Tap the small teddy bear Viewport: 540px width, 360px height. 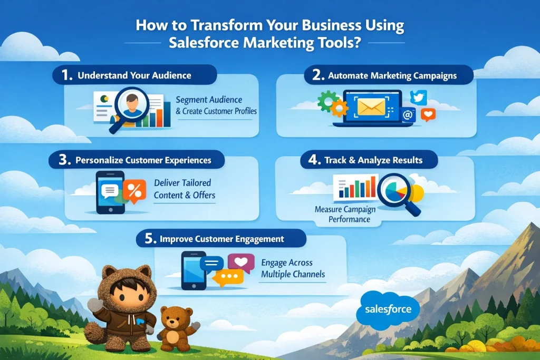(178, 328)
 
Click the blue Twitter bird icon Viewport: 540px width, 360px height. (418, 98)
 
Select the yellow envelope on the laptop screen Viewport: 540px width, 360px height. (371, 106)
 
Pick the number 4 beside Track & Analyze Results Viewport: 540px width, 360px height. (314, 160)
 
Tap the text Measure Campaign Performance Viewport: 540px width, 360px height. (345, 214)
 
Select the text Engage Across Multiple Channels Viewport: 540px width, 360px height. (293, 268)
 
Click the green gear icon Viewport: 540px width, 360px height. (327, 100)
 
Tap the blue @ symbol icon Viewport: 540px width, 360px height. (408, 114)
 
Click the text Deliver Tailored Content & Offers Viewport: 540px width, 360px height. (184, 189)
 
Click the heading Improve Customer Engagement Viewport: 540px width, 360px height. (222, 239)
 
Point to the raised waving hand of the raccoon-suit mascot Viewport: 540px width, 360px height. (95, 305)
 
